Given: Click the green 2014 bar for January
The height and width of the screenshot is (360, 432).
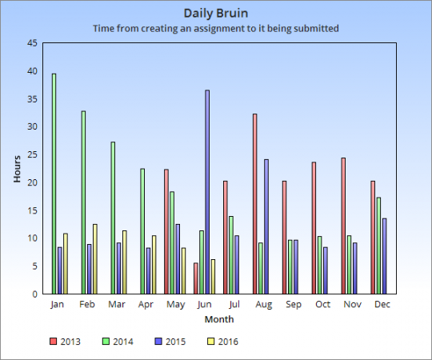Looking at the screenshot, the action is click(x=54, y=184).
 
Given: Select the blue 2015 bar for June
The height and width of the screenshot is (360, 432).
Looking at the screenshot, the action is click(x=207, y=192).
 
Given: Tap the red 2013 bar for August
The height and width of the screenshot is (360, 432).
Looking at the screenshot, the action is click(x=255, y=204).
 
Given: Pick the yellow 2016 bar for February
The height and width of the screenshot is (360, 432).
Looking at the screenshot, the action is click(x=95, y=259).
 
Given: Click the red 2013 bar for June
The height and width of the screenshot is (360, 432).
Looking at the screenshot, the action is click(x=196, y=278).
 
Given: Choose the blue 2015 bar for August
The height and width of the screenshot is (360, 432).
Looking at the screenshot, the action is click(x=266, y=226).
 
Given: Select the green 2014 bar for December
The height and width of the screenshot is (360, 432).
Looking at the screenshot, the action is click(x=379, y=246).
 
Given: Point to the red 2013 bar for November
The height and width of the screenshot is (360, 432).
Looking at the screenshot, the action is click(x=343, y=226).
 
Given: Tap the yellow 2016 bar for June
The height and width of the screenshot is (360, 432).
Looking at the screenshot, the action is click(x=213, y=277).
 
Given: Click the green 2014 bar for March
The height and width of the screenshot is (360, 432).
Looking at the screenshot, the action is click(x=113, y=218).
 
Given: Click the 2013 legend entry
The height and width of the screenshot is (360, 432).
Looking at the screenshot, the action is click(x=65, y=342).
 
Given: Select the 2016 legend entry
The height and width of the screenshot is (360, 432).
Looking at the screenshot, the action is click(x=222, y=342).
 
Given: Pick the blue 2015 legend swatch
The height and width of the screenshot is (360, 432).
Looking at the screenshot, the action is click(x=158, y=342).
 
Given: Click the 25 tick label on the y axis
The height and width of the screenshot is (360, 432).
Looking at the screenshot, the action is click(x=32, y=154).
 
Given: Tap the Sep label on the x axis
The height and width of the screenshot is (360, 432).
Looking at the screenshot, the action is click(x=294, y=304).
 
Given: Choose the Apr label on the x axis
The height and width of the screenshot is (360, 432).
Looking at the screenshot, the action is click(x=146, y=304).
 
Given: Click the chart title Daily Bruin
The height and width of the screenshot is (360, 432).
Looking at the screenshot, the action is click(x=216, y=14).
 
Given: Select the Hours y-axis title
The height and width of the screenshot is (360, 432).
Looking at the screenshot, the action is click(x=17, y=169).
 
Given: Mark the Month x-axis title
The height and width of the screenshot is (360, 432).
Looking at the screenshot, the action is click(x=219, y=319).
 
